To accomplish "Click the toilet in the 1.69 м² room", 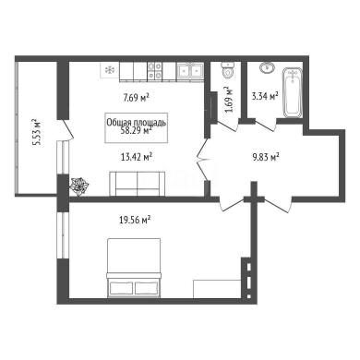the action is [x=228, y=70].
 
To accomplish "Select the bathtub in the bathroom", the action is [x=293, y=92].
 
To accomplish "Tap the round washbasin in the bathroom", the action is [x=267, y=67].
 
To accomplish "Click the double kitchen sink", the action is [x=190, y=70].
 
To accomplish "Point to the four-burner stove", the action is [x=154, y=70].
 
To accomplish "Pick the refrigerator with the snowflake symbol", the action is [x=110, y=70].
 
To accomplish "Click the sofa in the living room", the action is [x=138, y=184].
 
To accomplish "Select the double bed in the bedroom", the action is [x=134, y=268].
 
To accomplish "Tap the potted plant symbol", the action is [x=79, y=186].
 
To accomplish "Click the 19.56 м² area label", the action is [x=135, y=220].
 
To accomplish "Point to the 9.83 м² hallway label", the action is [x=265, y=158].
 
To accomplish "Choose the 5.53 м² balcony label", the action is [x=37, y=132].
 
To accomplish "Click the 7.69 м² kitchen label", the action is [x=137, y=98].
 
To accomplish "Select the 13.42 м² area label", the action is [x=137, y=158].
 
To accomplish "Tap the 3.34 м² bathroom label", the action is [x=265, y=96].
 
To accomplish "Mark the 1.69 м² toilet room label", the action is [x=229, y=100].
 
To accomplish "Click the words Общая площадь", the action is [x=137, y=123].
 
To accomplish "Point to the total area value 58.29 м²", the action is [x=137, y=130].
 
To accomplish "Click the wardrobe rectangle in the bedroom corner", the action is [x=217, y=289].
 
